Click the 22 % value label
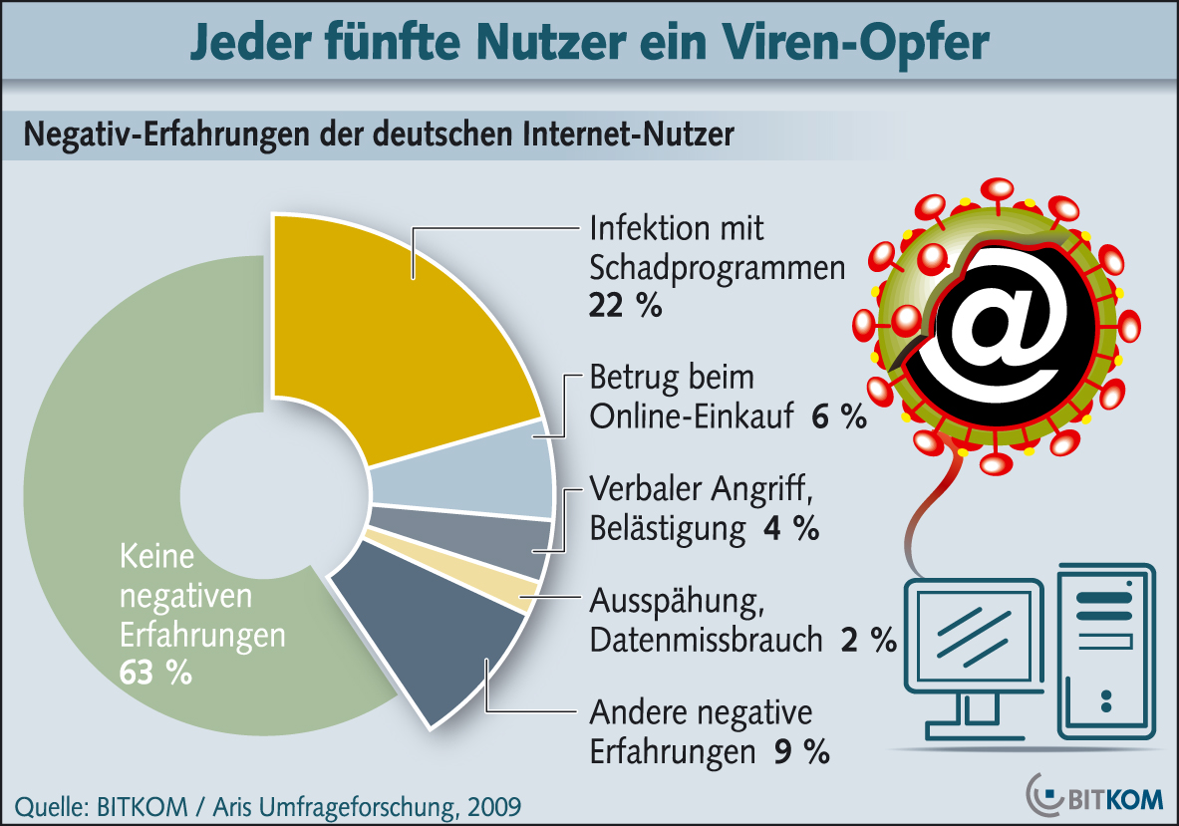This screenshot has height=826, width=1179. pos(625,306)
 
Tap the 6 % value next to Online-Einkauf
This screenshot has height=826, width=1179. pos(839,417)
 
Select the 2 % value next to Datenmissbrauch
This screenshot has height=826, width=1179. pos(868,640)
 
